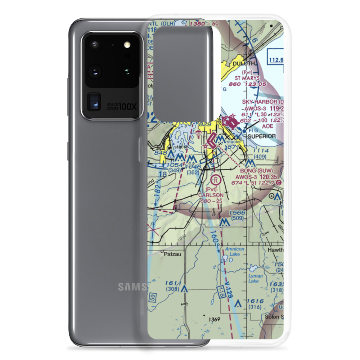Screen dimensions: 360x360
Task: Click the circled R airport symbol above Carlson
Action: pyautogui.click(x=215, y=179)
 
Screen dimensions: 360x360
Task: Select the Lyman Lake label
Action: pyautogui.click(x=256, y=278)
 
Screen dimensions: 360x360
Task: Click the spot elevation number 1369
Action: pyautogui.click(x=214, y=319)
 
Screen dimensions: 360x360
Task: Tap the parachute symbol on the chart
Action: pyautogui.click(x=199, y=134)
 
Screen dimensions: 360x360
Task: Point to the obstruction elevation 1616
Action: pyautogui.click(x=255, y=301)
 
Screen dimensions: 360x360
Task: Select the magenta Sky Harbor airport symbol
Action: pyautogui.click(x=230, y=122)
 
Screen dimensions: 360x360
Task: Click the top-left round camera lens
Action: pyautogui.click(x=95, y=45)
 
